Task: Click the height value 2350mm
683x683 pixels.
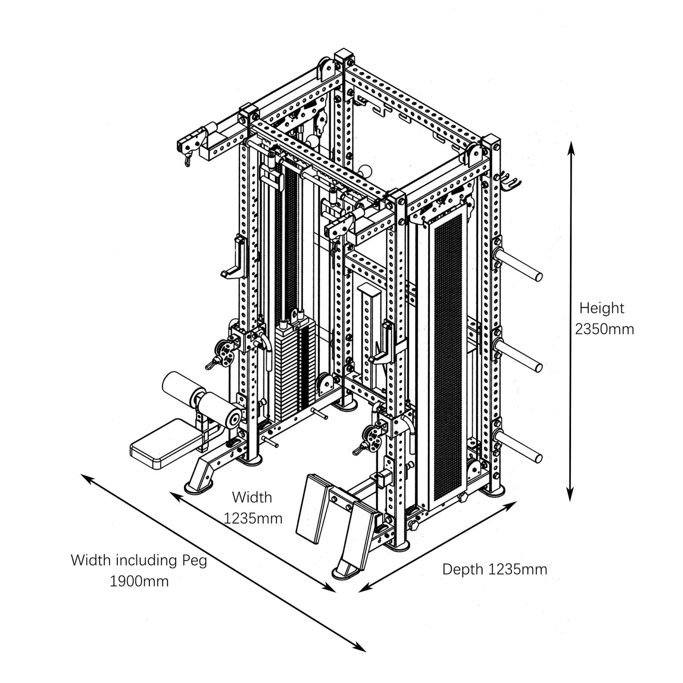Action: click(604, 329)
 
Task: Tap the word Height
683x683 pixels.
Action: click(601, 308)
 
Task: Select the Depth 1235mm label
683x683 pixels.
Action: click(494, 569)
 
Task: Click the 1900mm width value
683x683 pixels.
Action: click(139, 581)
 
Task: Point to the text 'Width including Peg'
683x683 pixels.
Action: click(139, 560)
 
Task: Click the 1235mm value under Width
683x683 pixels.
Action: click(253, 518)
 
